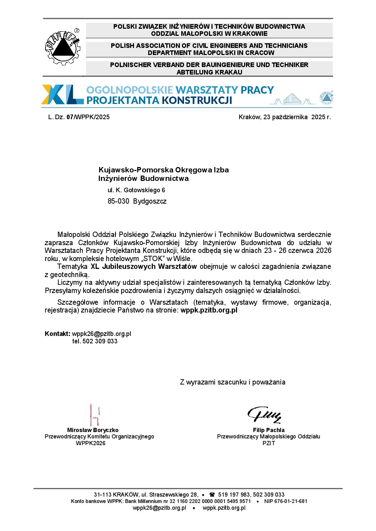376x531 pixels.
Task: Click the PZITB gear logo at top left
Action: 63,47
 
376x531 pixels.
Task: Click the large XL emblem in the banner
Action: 62,95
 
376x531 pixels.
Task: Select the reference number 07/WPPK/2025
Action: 88,117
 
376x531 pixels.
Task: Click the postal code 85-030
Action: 118,201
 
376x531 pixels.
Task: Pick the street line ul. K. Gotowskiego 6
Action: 136,190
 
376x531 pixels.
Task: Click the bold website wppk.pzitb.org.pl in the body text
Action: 209,310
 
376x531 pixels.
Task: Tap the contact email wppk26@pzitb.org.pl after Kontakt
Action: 102,334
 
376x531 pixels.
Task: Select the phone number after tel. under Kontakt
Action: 100,341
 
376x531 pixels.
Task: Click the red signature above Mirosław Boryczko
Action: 94,415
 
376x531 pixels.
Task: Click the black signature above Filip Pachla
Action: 265,415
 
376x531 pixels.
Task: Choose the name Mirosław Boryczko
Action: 93,430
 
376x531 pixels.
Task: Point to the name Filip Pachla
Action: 269,430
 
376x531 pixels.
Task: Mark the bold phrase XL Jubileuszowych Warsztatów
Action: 144,266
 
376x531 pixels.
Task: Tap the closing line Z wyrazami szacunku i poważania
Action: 232,382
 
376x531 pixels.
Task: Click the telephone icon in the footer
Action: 212,494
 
